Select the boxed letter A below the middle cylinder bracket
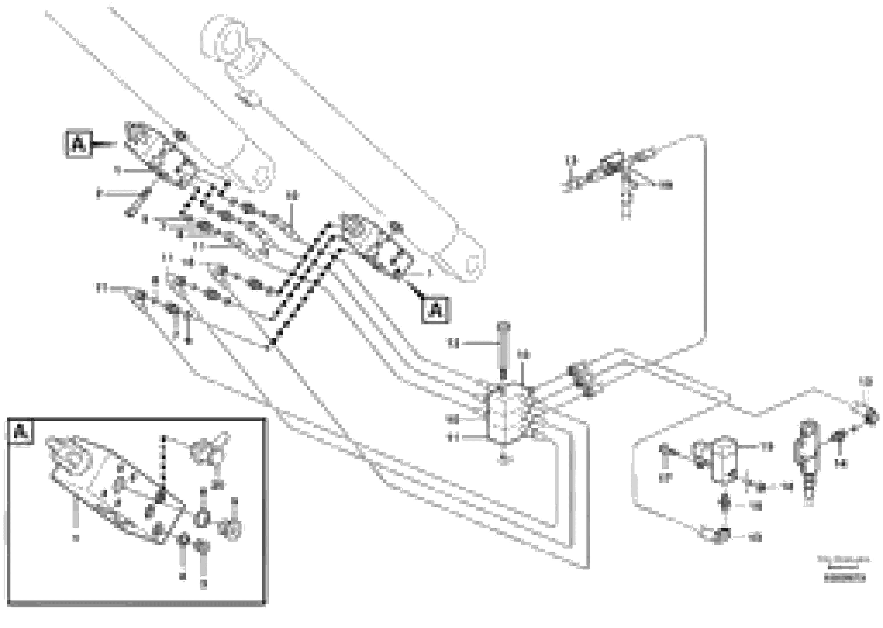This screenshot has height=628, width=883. point(435,310)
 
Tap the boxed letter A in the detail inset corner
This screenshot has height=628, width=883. point(21,432)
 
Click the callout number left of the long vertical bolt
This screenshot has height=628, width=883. point(453,343)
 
